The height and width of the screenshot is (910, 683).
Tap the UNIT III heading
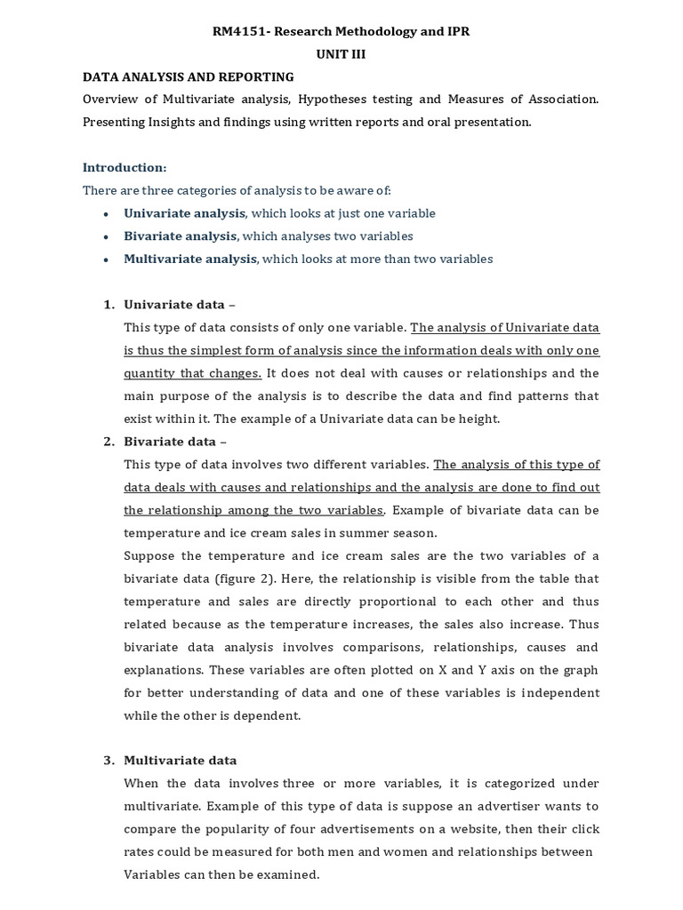point(341,53)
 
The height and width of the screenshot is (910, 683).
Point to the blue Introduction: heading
point(125,167)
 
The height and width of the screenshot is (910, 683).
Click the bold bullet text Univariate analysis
point(184,213)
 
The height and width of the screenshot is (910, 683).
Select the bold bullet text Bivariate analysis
point(181,236)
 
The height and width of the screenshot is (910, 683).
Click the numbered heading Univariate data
point(173,305)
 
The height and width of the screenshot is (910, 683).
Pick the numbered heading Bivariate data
point(170,442)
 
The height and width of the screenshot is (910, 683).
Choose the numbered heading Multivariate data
point(180,761)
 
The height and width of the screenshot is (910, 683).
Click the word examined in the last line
point(290,874)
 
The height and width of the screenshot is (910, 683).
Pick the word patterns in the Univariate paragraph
point(535,395)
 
